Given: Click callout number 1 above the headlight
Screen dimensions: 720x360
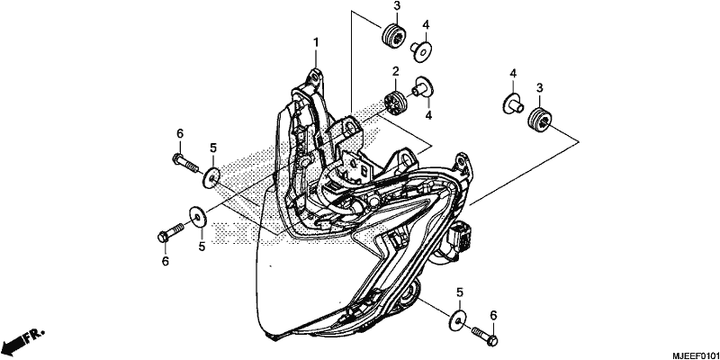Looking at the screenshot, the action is (316, 42).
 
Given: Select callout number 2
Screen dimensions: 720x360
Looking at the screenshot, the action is (395, 71).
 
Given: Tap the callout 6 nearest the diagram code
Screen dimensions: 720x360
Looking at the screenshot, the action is (493, 315).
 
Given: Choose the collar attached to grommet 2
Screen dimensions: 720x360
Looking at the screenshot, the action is (422, 87).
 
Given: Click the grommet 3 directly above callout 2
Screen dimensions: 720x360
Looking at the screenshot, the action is (394, 33).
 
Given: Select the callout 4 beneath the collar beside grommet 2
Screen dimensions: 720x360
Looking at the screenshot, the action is (428, 115).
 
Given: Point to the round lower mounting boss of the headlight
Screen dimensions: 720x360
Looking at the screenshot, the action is (409, 294).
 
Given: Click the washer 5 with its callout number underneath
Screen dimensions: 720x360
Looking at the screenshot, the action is (198, 217).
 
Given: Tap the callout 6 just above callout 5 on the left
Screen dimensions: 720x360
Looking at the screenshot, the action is (180, 133).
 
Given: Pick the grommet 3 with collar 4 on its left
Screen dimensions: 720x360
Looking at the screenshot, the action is (540, 121).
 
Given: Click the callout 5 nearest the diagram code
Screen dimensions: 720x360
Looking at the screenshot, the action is (460, 292).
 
